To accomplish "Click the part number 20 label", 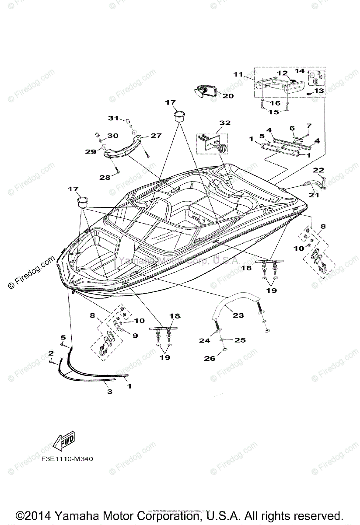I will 228,95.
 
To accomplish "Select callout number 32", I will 225,123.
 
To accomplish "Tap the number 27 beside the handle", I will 156,136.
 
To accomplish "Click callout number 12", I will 282,73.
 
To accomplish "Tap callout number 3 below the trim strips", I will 109,392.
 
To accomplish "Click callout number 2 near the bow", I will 51,353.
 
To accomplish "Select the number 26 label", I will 210,359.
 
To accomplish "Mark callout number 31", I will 114,118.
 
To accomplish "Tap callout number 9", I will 135,336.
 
